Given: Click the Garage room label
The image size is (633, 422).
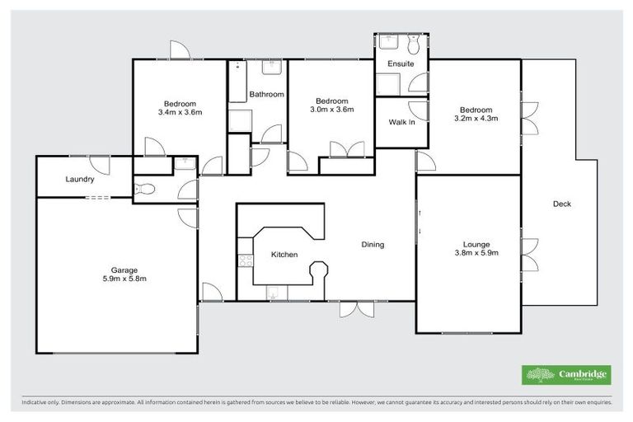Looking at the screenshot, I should point(124,270).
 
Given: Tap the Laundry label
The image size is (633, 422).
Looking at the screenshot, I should point(80,180).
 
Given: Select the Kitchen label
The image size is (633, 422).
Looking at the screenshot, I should point(284,255).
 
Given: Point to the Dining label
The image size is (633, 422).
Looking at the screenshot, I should point(373,244).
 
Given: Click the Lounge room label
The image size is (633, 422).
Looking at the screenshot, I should point(476,244).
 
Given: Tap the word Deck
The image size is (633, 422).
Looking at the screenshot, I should point(561,204).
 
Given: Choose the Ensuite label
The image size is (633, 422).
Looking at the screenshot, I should point(401,63).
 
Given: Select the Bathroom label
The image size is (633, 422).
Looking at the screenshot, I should point(267,95).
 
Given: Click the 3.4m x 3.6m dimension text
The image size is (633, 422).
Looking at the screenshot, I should point(180,113).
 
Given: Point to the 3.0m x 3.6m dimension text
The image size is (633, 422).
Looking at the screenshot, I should point(331,110).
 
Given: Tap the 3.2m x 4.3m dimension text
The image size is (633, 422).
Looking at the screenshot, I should point(476,119).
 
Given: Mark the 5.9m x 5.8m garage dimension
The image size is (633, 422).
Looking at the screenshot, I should point(124,279).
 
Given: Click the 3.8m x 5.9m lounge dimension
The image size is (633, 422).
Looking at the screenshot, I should point(476,254).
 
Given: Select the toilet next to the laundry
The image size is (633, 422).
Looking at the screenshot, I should point(144,189).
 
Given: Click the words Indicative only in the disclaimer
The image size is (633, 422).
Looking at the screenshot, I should point(40,403).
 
